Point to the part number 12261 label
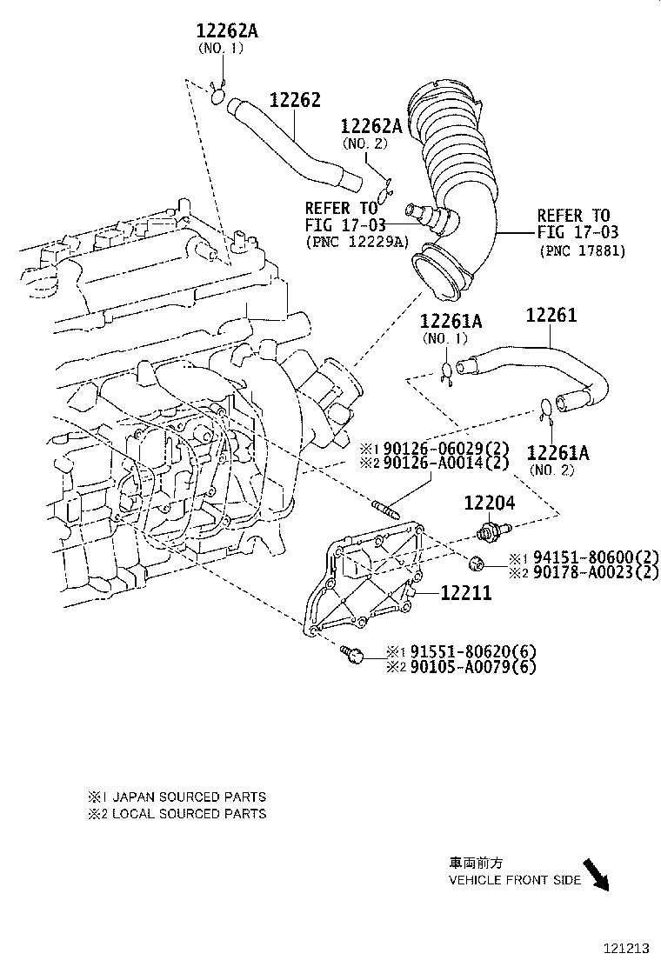pyautogui.click(x=551, y=316)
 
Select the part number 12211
pyautogui.click(x=466, y=593)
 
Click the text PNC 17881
pyautogui.click(x=582, y=251)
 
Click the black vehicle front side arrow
pyautogui.click(x=597, y=874)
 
